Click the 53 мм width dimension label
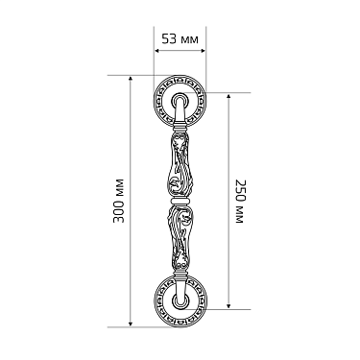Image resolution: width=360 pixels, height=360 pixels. [180, 39]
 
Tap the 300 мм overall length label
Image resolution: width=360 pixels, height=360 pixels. [119, 201]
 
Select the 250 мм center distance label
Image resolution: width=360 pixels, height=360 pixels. [240, 201]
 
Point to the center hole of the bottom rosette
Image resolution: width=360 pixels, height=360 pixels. [180, 301]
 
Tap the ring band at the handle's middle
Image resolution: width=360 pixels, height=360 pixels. [180, 201]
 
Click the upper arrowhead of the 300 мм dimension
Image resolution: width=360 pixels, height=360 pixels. [130, 79]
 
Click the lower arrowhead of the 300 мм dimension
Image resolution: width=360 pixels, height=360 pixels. [130, 324]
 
